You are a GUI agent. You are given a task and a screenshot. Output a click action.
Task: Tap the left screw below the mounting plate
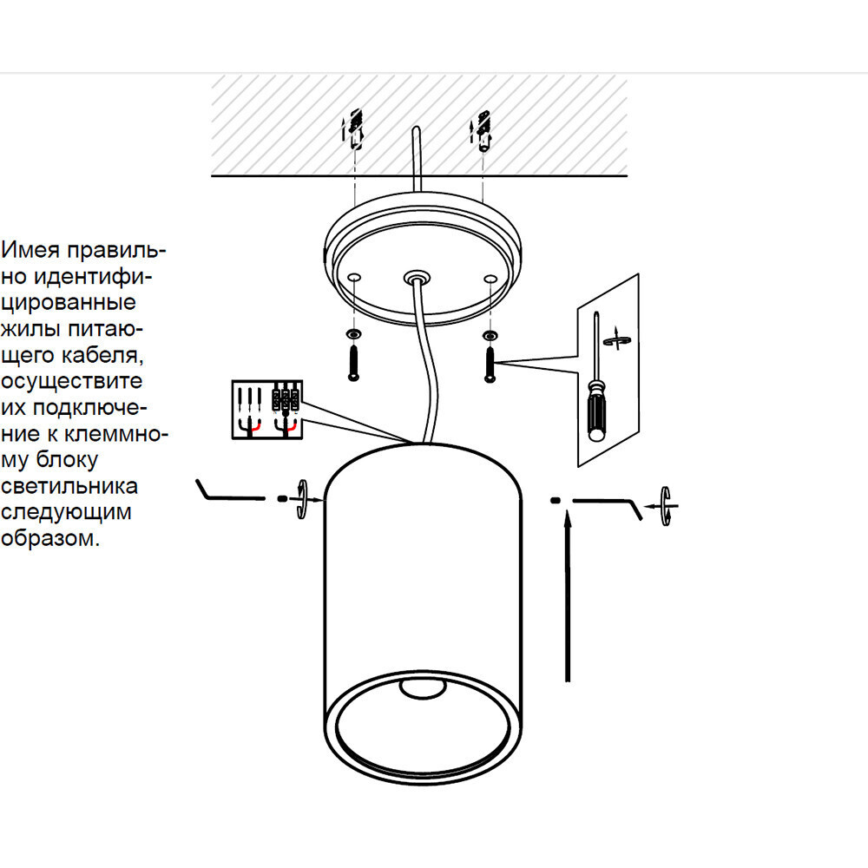point(354,364)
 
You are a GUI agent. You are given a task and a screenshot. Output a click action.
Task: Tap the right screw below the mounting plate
point(490,365)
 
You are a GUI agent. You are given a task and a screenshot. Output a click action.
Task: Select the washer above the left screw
point(354,334)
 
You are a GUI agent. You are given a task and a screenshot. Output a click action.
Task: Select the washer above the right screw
point(490,335)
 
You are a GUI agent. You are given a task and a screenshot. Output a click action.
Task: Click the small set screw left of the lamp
point(282,499)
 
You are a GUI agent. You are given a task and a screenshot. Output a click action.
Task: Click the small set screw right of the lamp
point(556,501)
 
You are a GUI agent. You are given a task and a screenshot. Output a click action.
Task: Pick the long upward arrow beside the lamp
point(567,596)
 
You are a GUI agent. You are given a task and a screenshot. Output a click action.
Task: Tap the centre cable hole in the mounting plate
point(417,277)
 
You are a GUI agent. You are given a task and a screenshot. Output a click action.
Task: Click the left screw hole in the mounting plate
point(354,278)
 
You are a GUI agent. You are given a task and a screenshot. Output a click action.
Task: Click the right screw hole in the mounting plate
point(490,279)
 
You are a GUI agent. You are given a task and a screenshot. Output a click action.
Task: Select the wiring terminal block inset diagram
point(266,410)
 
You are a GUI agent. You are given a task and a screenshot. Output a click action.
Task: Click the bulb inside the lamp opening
point(423,688)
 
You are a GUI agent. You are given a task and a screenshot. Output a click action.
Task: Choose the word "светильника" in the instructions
point(69,485)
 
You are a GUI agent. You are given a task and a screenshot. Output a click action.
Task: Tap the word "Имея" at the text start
point(30,250)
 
